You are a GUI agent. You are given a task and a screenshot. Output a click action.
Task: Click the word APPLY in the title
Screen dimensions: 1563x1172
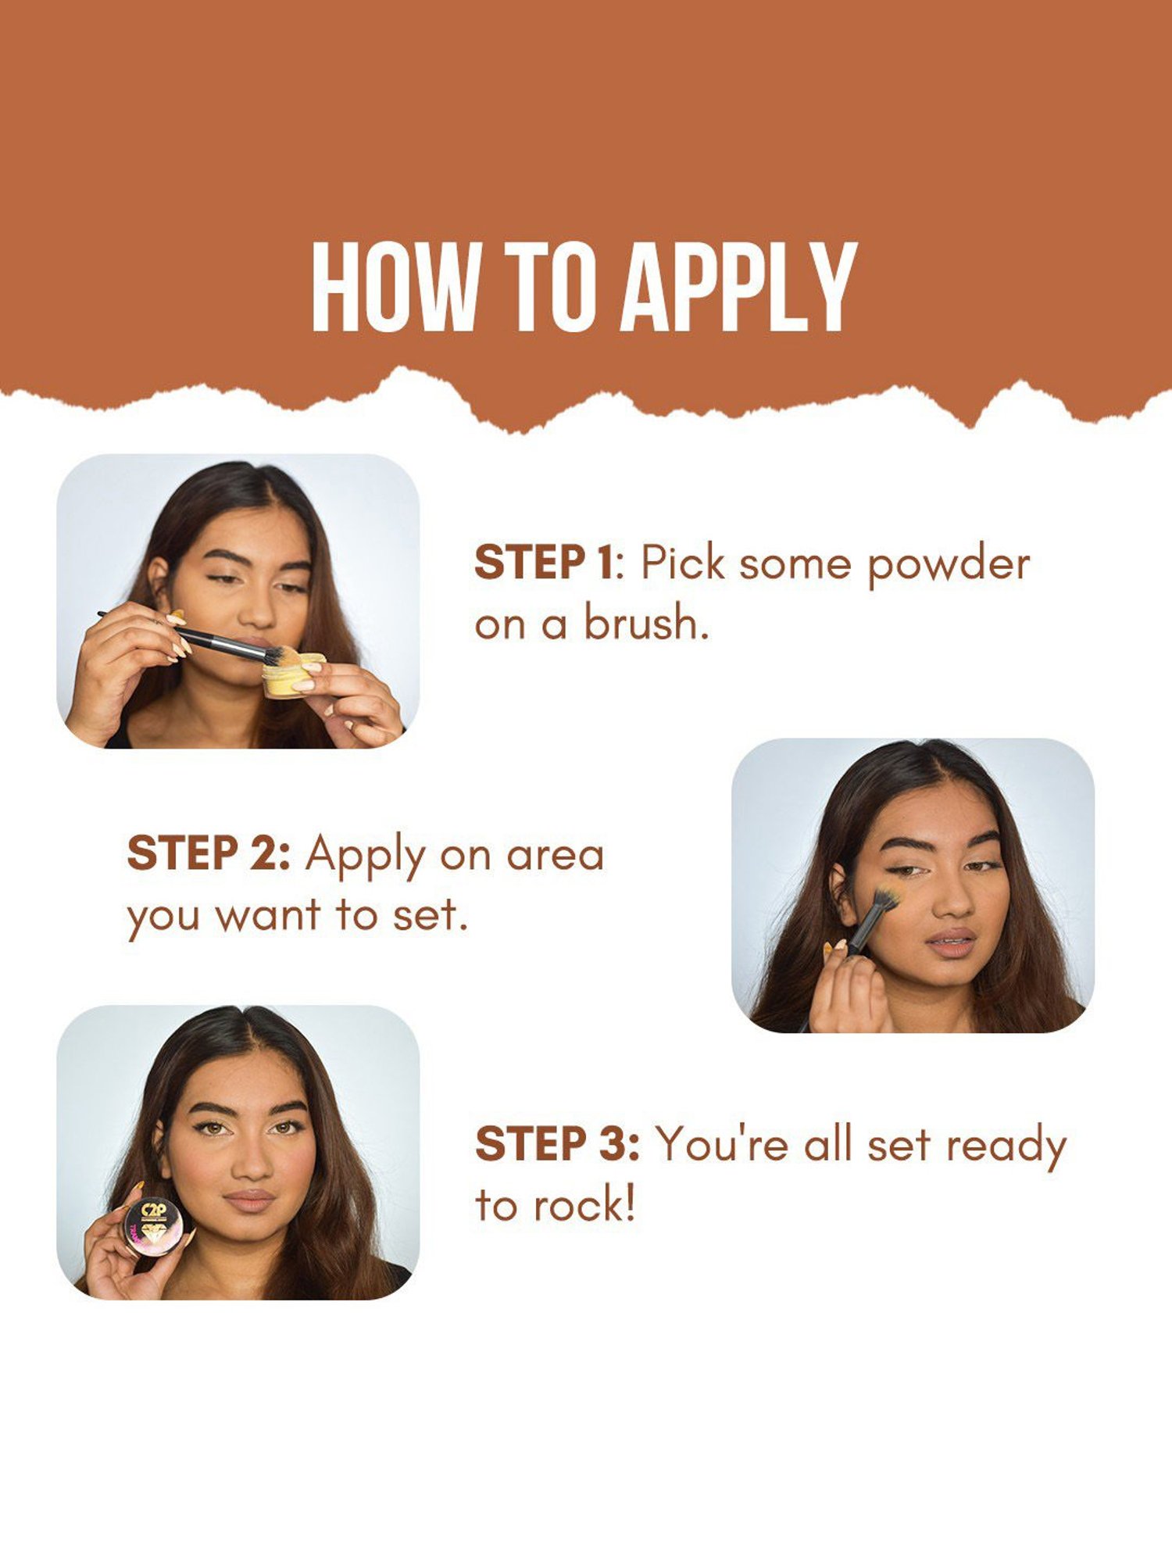click(738, 287)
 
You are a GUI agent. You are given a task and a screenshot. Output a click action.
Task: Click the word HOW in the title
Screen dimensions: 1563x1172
click(395, 287)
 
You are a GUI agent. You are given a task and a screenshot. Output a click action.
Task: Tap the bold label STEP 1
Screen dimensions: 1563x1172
click(544, 562)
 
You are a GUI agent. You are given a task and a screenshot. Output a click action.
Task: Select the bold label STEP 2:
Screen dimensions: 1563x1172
click(208, 853)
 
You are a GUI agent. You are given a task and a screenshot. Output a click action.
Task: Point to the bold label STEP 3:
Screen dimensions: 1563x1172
click(557, 1144)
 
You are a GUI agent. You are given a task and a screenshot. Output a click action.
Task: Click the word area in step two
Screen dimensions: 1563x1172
click(555, 855)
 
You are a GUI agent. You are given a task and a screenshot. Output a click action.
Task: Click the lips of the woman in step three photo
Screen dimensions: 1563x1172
click(249, 1200)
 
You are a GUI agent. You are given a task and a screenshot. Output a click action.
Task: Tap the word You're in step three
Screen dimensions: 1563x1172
click(720, 1145)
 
